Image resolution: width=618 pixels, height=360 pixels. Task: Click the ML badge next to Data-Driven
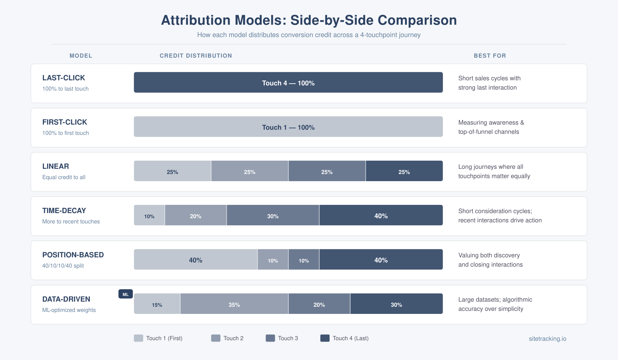click(x=126, y=294)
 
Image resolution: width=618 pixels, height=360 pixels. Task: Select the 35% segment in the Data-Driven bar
click(x=234, y=304)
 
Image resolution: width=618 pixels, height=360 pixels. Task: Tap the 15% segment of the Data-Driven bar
click(x=157, y=304)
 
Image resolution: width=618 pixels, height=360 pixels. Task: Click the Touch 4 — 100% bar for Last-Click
click(x=288, y=82)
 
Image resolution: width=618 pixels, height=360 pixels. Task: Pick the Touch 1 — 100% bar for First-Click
click(x=288, y=127)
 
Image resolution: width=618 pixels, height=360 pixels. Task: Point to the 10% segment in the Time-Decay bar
click(x=149, y=215)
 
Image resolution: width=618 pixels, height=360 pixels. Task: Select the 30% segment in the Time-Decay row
click(x=273, y=215)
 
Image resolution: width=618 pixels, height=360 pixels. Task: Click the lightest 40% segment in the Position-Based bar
click(x=195, y=260)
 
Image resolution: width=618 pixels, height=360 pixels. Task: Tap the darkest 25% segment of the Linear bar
click(x=404, y=171)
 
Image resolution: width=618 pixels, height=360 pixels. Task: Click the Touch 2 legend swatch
click(x=216, y=338)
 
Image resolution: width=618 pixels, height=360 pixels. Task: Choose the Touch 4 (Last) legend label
click(x=350, y=338)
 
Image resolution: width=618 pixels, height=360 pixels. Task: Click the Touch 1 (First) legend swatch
click(x=138, y=338)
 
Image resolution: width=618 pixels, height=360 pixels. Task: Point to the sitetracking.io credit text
click(x=547, y=339)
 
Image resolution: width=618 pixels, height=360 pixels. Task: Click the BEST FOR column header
click(x=489, y=56)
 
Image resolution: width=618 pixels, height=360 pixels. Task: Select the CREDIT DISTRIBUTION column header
click(x=196, y=56)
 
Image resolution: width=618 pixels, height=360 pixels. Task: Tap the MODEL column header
click(x=81, y=56)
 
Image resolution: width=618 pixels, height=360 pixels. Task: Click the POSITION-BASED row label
click(x=73, y=255)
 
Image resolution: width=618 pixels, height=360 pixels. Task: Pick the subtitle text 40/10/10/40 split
click(x=63, y=266)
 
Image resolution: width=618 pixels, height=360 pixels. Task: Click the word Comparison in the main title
click(x=417, y=20)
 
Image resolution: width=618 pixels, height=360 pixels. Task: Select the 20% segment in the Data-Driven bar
click(x=319, y=304)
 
